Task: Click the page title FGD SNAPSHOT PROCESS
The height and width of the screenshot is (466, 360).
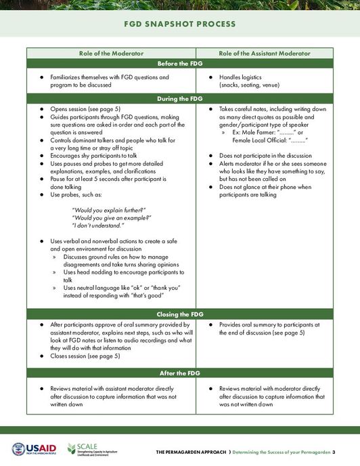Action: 179,24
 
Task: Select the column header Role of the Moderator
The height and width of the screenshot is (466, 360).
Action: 111,53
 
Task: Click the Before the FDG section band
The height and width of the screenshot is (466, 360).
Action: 179,64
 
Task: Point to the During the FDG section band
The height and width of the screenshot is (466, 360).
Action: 179,98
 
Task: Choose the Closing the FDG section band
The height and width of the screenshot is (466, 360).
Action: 179,314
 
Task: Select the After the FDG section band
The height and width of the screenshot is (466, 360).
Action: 179,373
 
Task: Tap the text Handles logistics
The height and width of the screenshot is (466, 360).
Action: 242,79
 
